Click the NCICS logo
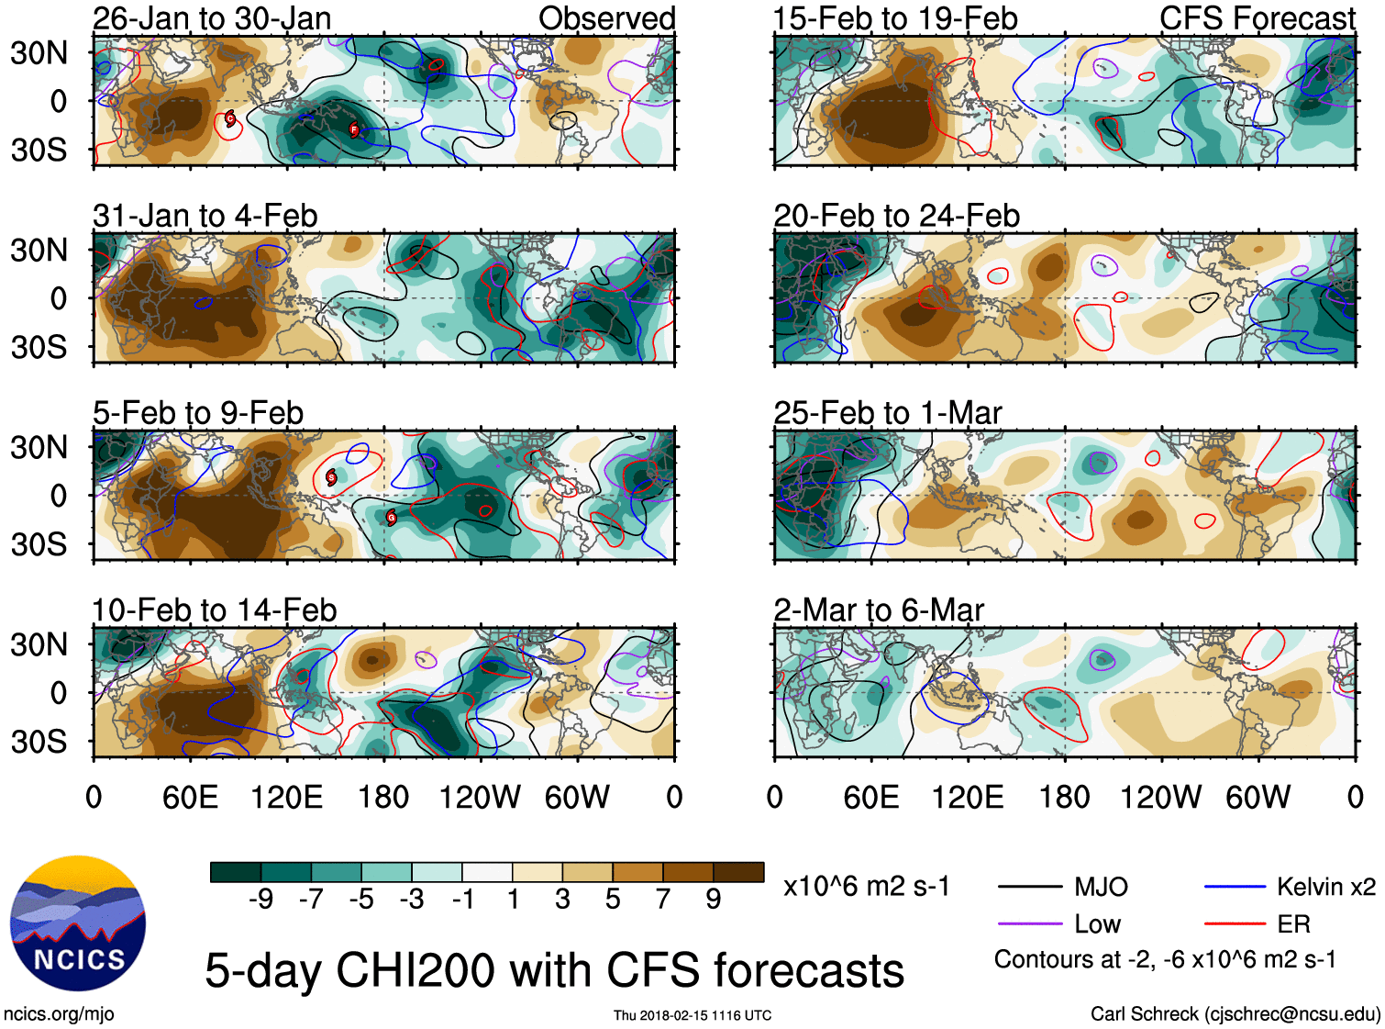tap(78, 923)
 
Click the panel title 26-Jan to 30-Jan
tap(212, 18)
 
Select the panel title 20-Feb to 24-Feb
tap(896, 216)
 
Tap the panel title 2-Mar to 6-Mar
tap(878, 610)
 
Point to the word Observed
tap(606, 18)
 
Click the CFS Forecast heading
tap(1257, 18)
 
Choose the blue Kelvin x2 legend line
tap(1234, 887)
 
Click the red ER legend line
tap(1234, 924)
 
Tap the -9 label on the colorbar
tap(261, 900)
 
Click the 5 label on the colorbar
tap(613, 900)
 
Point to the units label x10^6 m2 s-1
tap(866, 887)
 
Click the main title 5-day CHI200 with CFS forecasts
tap(554, 971)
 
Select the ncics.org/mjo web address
tap(59, 1014)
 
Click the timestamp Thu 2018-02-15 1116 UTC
tap(692, 1015)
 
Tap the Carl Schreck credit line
tap(1235, 1014)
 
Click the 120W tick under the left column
tap(480, 797)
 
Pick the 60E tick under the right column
tap(870, 797)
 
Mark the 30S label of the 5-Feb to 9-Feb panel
tap(39, 544)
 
